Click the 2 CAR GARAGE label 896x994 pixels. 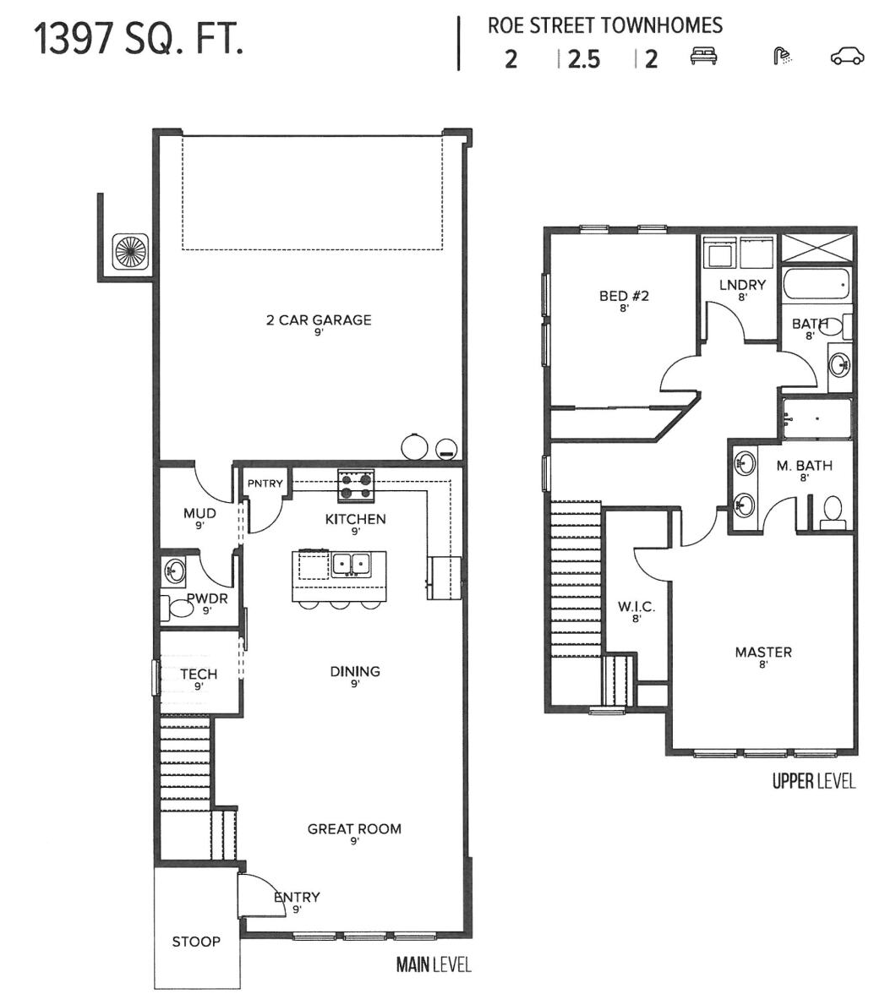tap(319, 320)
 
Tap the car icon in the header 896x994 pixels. tap(848, 57)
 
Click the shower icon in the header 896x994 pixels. tap(784, 57)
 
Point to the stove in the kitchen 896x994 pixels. tap(356, 485)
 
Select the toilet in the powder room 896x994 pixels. tap(180, 606)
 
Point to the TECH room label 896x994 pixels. tap(199, 674)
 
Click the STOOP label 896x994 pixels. tap(196, 942)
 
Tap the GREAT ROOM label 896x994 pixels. tap(354, 829)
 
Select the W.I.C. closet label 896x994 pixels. tap(636, 608)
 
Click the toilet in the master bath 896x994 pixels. tap(833, 510)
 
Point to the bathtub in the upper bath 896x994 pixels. tap(815, 286)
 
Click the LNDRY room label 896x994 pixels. tap(742, 286)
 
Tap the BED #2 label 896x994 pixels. tap(623, 296)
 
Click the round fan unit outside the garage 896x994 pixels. tap(130, 254)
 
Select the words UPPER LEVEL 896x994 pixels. tap(813, 782)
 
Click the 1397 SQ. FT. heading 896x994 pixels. tap(139, 39)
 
